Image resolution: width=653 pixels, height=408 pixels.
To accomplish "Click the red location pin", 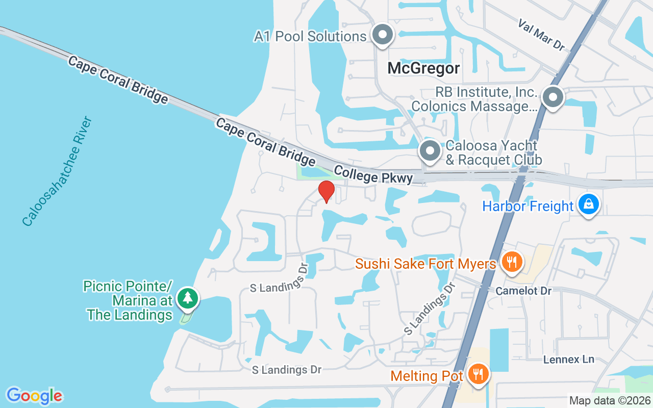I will click(326, 192).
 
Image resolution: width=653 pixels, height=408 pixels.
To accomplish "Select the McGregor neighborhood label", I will click(423, 68).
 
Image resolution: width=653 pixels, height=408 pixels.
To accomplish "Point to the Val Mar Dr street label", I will click(542, 35).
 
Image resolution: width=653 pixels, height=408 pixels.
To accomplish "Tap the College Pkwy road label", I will click(373, 174).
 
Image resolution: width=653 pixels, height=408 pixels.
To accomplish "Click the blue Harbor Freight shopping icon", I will click(588, 204).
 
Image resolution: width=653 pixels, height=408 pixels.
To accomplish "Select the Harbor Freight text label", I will click(528, 207).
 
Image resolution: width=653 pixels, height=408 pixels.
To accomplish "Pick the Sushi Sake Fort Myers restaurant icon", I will click(511, 262).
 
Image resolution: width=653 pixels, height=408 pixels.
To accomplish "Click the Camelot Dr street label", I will click(524, 291).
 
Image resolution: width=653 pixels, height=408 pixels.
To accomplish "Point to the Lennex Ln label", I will click(569, 359).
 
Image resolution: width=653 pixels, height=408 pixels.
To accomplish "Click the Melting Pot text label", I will click(426, 376).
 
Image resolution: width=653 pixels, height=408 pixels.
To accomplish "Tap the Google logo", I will click(34, 395).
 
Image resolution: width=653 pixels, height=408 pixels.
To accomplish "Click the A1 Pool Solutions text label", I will click(310, 37).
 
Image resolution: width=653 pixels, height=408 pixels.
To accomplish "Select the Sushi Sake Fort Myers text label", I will click(425, 264).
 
